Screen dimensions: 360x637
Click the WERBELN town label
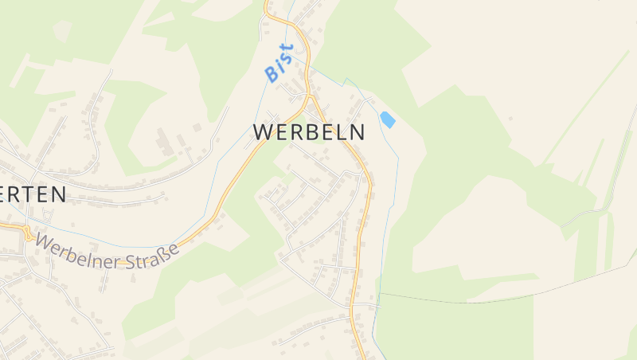[x=310, y=132]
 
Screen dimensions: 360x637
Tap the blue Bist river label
[x=279, y=63]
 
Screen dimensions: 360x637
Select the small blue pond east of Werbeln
[x=388, y=120]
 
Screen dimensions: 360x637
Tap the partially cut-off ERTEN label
[x=33, y=194]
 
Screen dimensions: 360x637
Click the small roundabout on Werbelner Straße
[x=27, y=233]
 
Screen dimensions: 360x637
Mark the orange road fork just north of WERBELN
[x=310, y=98]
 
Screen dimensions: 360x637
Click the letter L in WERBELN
[x=338, y=132]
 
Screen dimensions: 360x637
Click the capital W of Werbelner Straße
[x=43, y=240]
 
